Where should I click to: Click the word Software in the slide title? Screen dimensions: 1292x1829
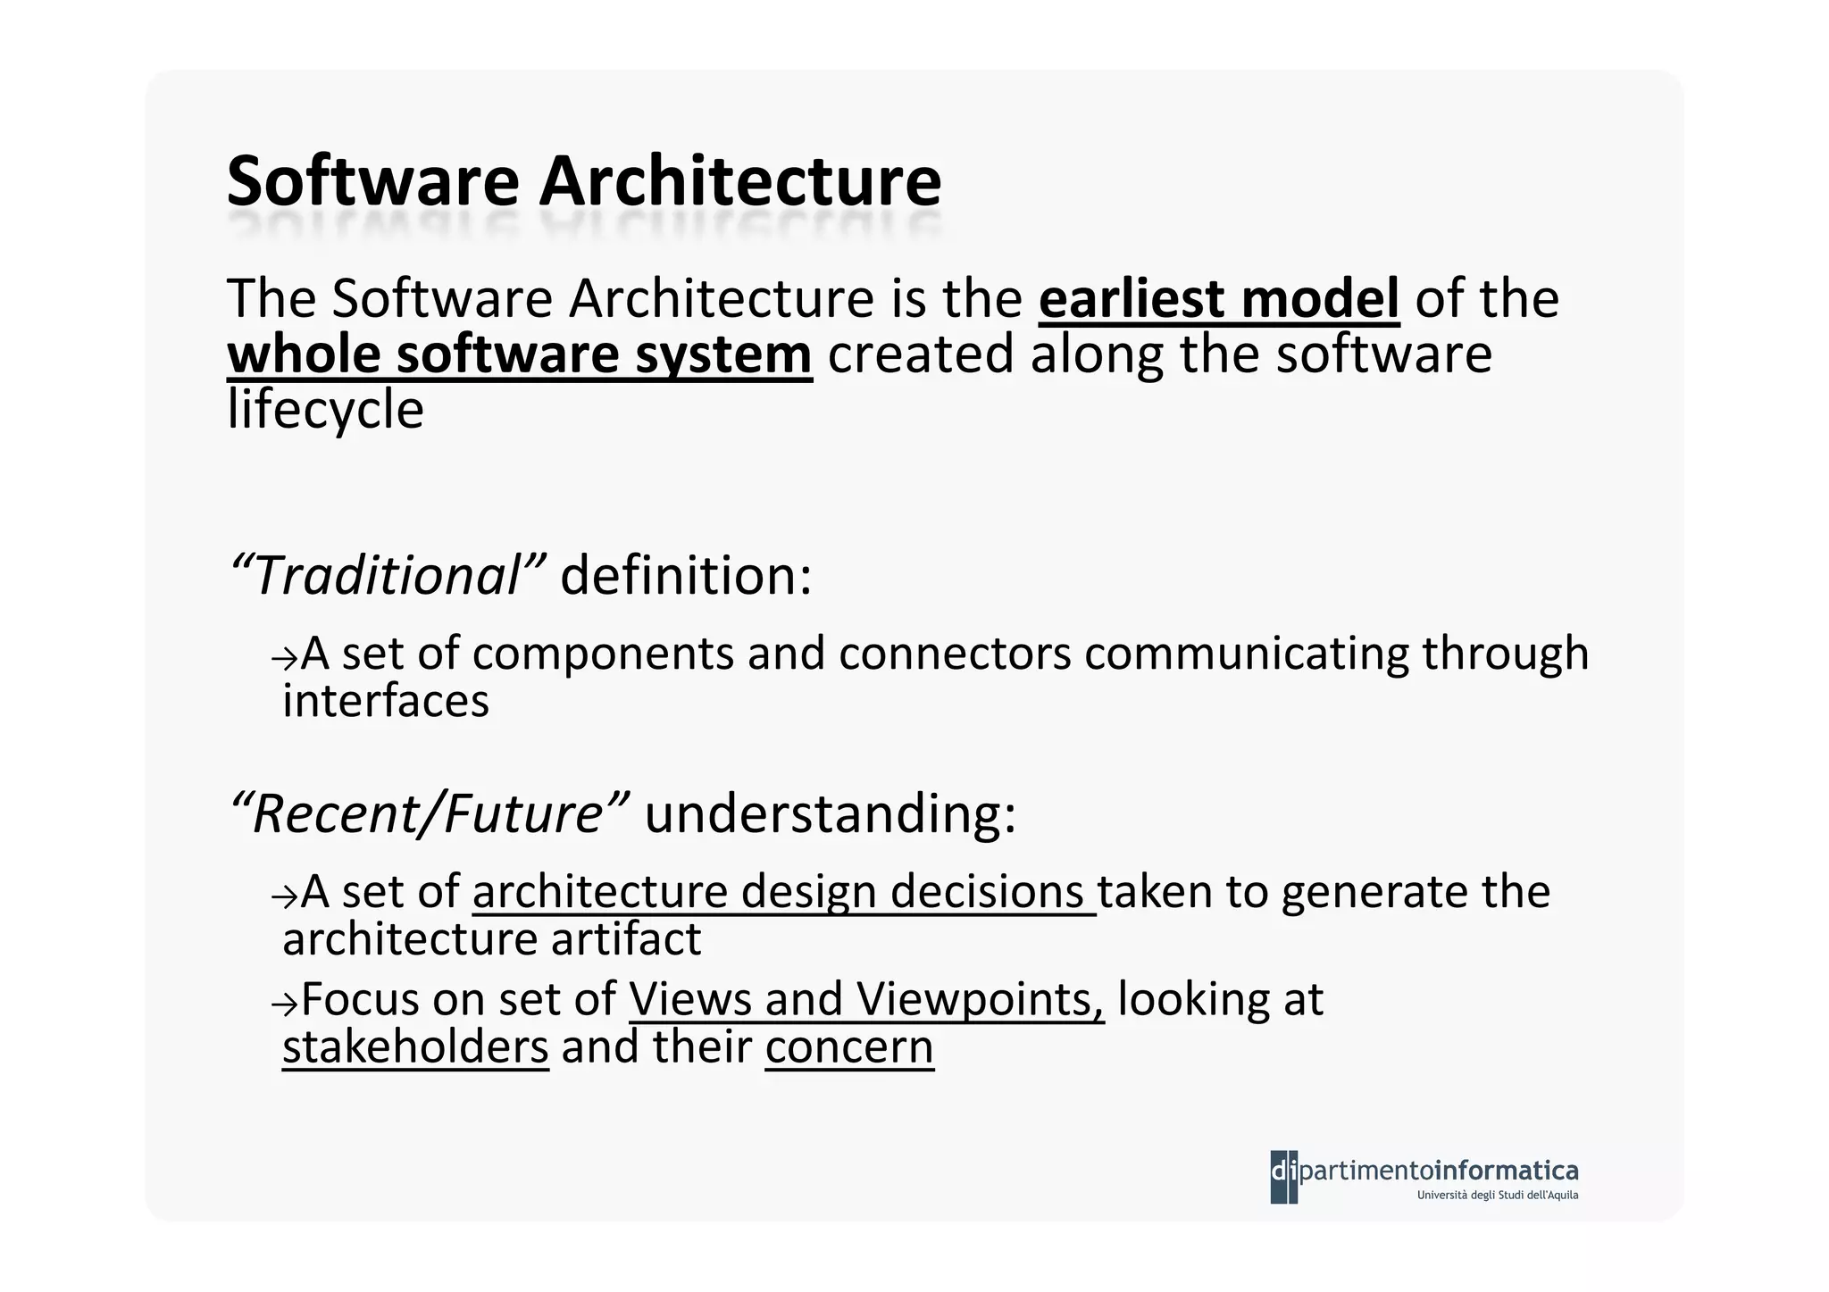pyautogui.click(x=372, y=181)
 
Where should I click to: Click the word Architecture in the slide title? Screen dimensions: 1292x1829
pyautogui.click(x=739, y=181)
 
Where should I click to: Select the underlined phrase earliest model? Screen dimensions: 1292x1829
pyautogui.click(x=1218, y=299)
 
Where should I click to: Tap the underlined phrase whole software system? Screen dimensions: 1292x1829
pyautogui.click(x=519, y=354)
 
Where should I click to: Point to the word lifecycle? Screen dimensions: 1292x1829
pyautogui.click(x=325, y=410)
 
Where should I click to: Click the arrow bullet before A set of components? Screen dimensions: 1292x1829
pyautogui.click(x=283, y=658)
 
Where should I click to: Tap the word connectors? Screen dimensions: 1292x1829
pyautogui.click(x=954, y=654)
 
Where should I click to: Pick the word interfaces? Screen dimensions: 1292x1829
pyautogui.click(x=386, y=701)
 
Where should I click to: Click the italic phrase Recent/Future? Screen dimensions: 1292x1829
pyautogui.click(x=429, y=814)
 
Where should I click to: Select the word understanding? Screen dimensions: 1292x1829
pyautogui.click(x=830, y=814)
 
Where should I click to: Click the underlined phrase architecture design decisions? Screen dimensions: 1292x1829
pyautogui.click(x=783, y=892)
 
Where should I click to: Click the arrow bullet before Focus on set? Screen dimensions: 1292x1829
pyautogui.click(x=283, y=1004)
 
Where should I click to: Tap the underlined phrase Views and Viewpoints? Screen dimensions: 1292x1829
pyautogui.click(x=866, y=999)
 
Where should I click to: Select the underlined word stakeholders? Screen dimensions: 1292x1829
pyautogui.click(x=415, y=1047)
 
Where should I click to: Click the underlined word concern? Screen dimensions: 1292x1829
pyautogui.click(x=848, y=1047)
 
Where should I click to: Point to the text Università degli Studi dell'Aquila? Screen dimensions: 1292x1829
pyautogui.click(x=1497, y=1196)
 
